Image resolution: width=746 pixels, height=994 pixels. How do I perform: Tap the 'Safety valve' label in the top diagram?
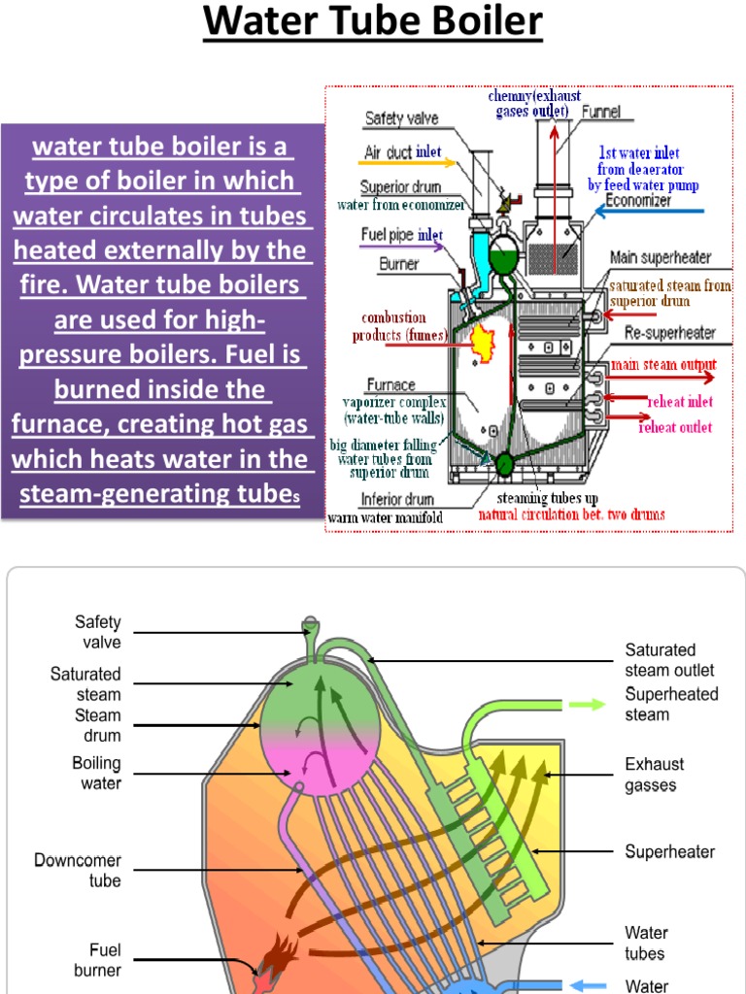coord(401,118)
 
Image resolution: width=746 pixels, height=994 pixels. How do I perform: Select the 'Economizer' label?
coord(637,201)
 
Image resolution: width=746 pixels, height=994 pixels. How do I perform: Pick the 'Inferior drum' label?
coord(396,501)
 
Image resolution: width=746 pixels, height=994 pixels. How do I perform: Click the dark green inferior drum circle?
coord(503,463)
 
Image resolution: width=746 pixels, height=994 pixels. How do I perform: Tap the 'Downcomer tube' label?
coord(78,871)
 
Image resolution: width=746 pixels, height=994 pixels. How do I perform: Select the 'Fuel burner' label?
coord(97,960)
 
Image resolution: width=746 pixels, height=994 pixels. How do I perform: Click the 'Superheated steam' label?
coord(671,705)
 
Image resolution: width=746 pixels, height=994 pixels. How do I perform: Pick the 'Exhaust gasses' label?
coord(654,775)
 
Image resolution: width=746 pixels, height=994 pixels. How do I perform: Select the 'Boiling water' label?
coord(96,773)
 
